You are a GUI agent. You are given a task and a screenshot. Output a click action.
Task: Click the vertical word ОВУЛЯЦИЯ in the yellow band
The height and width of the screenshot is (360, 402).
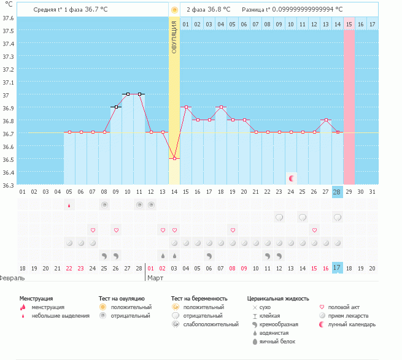tap(174, 37)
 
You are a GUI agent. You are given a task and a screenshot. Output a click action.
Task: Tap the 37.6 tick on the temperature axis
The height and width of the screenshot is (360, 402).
tap(9, 18)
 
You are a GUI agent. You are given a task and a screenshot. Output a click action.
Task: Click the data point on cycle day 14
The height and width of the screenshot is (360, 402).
tap(174, 158)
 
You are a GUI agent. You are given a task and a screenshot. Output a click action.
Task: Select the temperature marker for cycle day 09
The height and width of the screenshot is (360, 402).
tap(116, 107)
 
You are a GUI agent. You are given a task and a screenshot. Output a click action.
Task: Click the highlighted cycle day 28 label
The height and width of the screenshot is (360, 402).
tap(337, 192)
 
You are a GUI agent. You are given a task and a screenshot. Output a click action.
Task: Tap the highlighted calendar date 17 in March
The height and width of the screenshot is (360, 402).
tap(337, 268)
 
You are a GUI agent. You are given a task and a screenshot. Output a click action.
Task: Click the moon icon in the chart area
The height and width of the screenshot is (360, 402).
tap(292, 178)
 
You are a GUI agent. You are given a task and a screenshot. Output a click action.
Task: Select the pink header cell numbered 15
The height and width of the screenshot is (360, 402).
tap(349, 24)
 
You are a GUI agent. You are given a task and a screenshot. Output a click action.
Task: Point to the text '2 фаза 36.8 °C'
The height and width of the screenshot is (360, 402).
tap(208, 10)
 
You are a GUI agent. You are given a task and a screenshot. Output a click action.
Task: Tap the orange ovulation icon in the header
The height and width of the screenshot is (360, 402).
tap(174, 10)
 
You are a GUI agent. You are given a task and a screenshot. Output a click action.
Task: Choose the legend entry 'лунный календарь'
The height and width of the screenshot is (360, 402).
tap(352, 324)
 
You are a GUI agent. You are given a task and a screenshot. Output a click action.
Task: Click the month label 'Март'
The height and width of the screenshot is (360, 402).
tap(154, 278)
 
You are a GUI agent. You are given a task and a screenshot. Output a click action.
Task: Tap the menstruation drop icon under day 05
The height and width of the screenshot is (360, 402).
tap(69, 205)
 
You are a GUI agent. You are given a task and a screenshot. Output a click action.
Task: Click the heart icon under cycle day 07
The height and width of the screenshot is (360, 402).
tap(93, 230)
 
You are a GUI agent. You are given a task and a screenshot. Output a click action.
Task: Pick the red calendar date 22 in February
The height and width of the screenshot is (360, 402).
tap(69, 268)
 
